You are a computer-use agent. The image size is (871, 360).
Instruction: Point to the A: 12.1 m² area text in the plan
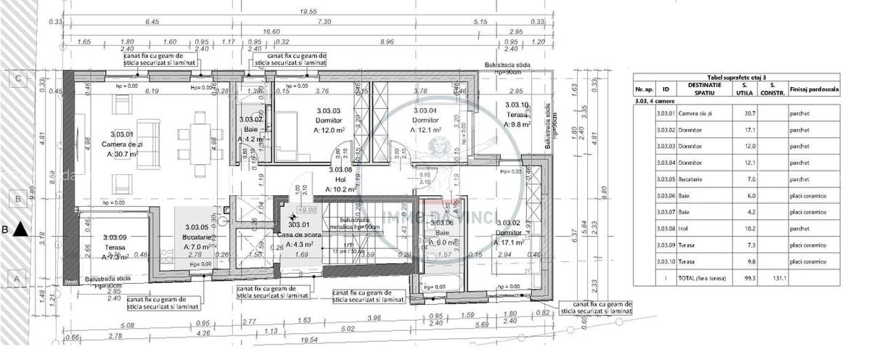(426, 130)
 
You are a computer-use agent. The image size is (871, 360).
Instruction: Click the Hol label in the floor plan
(340, 179)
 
